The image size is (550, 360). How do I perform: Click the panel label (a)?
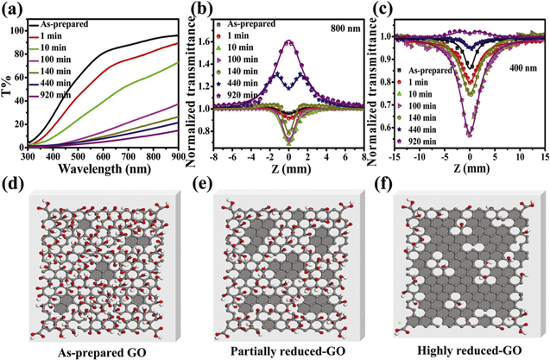tap(13, 10)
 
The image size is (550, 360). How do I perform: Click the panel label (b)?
tap(197, 11)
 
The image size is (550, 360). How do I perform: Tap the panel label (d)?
tap(12, 185)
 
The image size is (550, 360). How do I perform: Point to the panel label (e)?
tap(197, 185)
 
